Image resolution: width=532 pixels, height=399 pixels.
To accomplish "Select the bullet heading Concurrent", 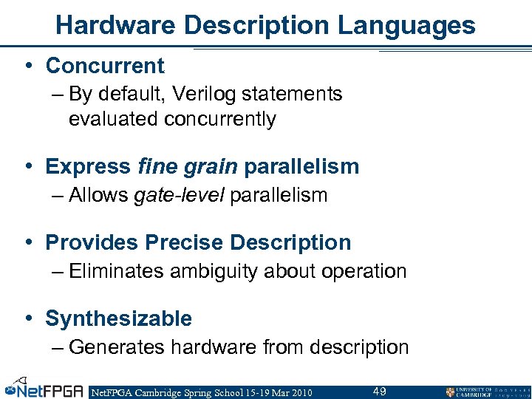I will coord(105,66).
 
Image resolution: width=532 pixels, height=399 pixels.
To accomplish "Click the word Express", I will coord(89,166).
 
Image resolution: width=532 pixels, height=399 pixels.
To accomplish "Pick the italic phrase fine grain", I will coord(188,166).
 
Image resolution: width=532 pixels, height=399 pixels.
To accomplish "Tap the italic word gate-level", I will coord(180,195).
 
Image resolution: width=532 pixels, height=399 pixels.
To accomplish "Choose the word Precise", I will coord(185,242).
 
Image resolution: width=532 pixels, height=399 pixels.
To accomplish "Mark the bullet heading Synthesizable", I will coord(118,318).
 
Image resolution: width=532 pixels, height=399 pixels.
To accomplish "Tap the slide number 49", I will coord(380,391).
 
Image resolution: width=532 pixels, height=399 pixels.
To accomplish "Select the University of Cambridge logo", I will coord(485,392).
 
